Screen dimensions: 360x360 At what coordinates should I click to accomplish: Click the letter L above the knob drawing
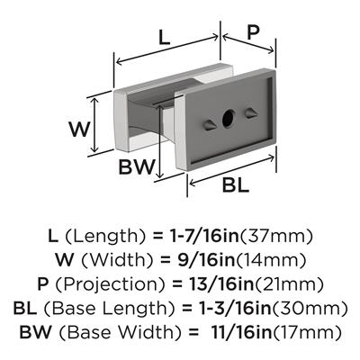click(x=165, y=38)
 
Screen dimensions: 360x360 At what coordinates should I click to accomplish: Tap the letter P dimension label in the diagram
click(x=253, y=32)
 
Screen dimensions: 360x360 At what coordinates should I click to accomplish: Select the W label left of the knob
click(x=79, y=130)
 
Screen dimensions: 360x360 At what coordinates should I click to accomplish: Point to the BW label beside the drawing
click(x=137, y=166)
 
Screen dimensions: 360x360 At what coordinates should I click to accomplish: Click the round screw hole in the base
click(x=229, y=119)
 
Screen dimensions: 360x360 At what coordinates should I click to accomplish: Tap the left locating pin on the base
click(x=209, y=125)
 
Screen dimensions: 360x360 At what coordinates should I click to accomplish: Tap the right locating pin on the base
click(x=251, y=113)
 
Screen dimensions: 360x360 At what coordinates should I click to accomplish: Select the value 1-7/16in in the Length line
click(x=202, y=237)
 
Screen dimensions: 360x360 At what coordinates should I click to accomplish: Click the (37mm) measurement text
click(x=276, y=237)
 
